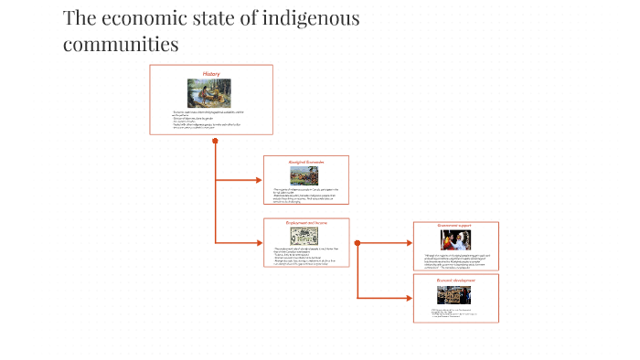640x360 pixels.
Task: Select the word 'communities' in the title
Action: click(121, 43)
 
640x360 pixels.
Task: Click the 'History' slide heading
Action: click(211, 73)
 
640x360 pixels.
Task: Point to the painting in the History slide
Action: click(210, 93)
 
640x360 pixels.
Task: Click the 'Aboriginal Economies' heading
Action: click(306, 161)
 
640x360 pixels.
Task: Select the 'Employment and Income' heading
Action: click(306, 222)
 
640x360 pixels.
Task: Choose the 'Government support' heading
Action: click(455, 225)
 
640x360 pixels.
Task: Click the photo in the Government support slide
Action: click(455, 239)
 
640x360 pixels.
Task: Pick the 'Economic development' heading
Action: click(455, 280)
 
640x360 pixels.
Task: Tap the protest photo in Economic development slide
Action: click(455, 295)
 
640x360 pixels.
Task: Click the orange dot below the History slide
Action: click(215, 141)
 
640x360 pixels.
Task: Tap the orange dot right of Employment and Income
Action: click(357, 243)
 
